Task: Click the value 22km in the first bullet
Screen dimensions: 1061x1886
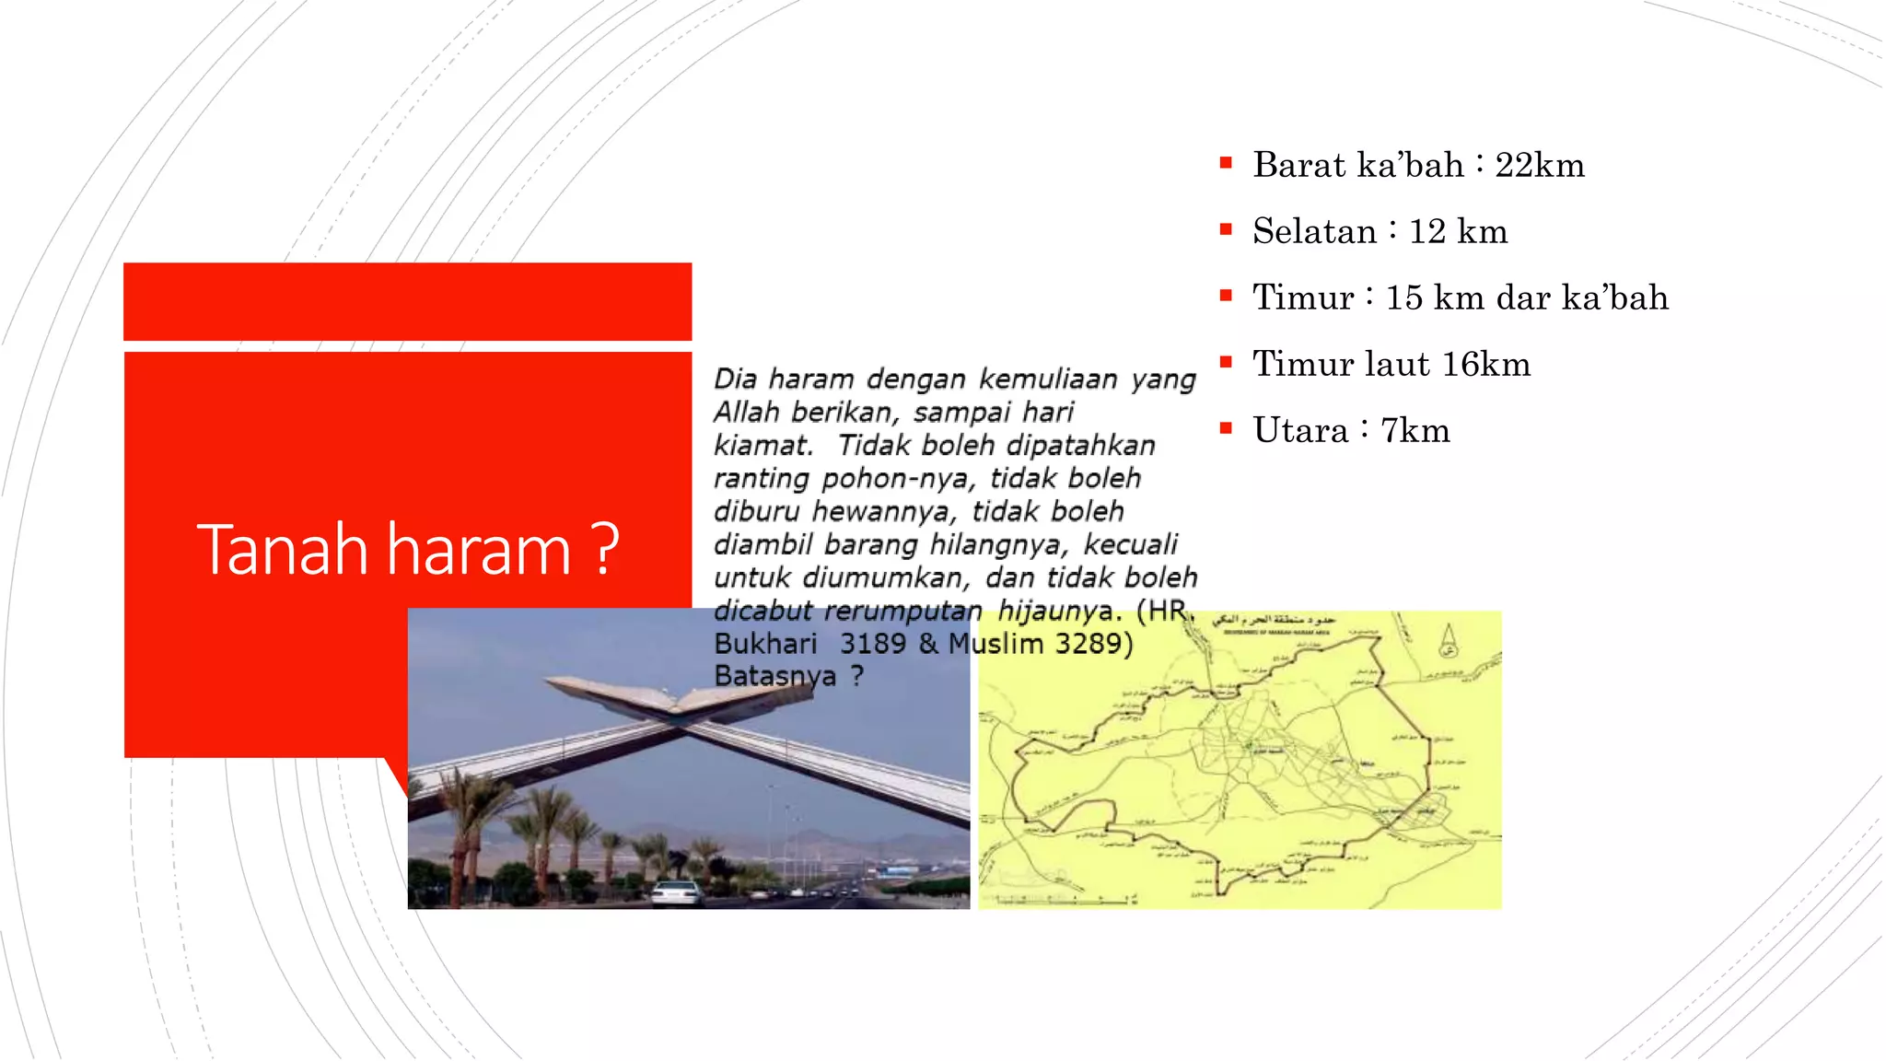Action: [x=1539, y=166]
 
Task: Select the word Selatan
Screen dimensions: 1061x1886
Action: [x=1314, y=232]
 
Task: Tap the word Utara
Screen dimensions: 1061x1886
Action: [x=1300, y=431]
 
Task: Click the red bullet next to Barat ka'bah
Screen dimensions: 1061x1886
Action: [x=1226, y=164]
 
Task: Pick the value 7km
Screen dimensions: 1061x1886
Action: [x=1414, y=431]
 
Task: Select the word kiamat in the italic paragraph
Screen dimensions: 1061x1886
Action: [x=763, y=446]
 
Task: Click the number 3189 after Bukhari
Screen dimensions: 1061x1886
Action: [x=873, y=644]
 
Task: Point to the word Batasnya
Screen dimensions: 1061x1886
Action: [x=774, y=676]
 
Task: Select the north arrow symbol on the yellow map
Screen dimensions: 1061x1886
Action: [x=1448, y=641]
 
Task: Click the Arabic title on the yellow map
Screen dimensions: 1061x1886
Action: [x=1275, y=621]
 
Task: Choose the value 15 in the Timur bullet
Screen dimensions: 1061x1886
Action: [x=1403, y=298]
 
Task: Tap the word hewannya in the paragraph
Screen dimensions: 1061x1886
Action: [x=884, y=512]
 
